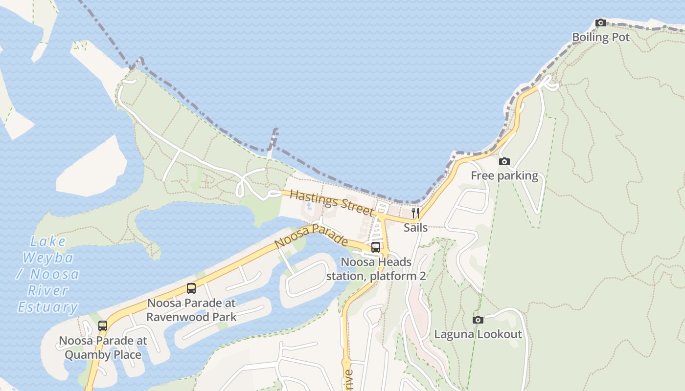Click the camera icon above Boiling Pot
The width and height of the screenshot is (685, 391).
601,22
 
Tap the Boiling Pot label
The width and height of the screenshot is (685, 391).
601,37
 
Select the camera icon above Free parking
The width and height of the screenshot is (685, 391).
504,162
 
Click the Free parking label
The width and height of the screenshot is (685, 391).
504,176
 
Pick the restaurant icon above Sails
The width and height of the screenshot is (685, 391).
415,213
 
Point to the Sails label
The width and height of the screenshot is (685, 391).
415,227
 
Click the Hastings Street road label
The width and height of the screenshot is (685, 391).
331,202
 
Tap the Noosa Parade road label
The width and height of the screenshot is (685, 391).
311,236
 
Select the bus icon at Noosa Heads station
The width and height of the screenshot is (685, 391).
376,247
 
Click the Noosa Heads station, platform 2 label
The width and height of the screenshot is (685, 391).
376,269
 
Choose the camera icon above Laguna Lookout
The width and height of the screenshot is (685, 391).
478,320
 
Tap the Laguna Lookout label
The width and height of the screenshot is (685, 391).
478,334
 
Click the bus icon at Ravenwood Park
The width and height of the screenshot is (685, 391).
191,288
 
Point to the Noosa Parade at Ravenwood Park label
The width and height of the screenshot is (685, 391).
191,310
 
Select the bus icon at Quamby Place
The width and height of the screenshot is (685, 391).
103,326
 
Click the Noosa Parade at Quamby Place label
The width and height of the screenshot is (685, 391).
103,348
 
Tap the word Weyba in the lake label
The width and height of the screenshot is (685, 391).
48,258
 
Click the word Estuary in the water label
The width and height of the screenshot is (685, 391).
48,307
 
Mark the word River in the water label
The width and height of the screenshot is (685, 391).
48,291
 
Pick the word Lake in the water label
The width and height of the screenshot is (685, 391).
48,241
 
